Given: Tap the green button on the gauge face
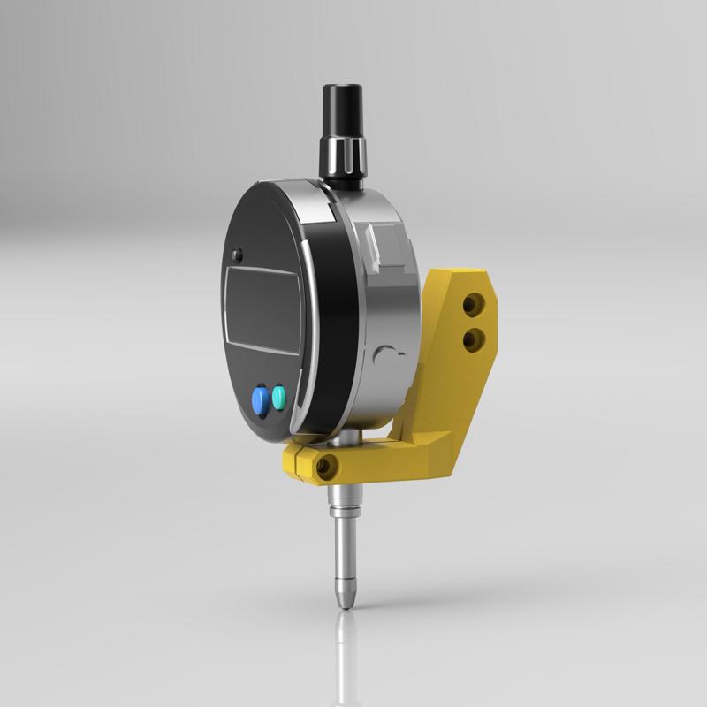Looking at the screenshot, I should pyautogui.click(x=281, y=396).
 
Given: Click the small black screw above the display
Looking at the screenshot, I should pyautogui.click(x=237, y=255).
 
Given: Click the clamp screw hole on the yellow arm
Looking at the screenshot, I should pyautogui.click(x=328, y=465).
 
